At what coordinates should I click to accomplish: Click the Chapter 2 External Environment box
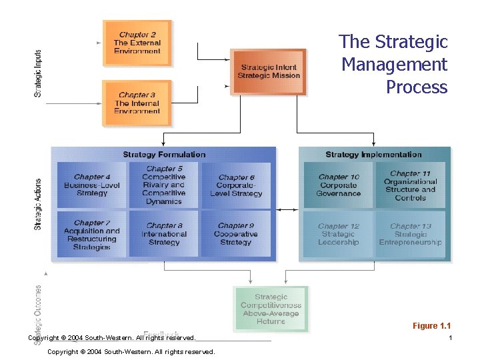point(137,43)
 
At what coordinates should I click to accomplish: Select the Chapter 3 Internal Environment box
point(137,103)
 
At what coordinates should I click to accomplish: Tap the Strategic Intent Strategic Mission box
point(268,71)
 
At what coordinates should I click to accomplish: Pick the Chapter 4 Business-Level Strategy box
point(91,185)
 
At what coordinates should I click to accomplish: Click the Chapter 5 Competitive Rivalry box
point(164,185)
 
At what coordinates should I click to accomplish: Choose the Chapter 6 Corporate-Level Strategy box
point(237,185)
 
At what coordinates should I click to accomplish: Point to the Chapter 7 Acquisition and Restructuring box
point(91,235)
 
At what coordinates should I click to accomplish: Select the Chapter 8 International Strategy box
point(164,234)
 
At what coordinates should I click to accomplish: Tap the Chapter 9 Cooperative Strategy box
point(237,234)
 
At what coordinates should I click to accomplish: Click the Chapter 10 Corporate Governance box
point(339,185)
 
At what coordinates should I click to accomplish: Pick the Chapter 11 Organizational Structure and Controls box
point(410,185)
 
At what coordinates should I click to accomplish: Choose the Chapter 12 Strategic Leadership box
point(339,234)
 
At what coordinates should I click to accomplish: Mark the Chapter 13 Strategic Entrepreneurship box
point(410,234)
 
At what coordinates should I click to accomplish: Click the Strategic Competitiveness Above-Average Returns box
point(271,309)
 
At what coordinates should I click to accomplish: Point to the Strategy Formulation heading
point(164,155)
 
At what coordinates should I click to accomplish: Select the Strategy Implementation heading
point(373,155)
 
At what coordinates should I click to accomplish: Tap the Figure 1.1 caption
point(431,326)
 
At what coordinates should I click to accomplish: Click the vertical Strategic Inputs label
point(38,73)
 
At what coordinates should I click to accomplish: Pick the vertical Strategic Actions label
point(38,203)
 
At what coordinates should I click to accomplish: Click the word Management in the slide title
point(394,65)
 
